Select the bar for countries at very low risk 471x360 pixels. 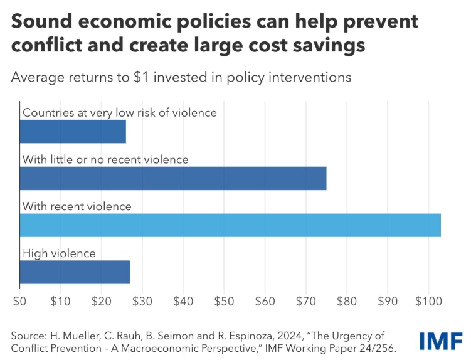point(73,131)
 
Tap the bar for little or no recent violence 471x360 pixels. point(173,178)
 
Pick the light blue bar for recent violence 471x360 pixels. point(230,225)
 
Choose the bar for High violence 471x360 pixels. point(75,272)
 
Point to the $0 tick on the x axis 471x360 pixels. point(19,301)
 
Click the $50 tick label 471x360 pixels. point(224,301)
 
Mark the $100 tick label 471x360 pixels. point(428,301)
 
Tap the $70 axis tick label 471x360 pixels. point(306,301)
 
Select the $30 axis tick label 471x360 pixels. point(142,301)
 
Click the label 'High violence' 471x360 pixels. point(59,253)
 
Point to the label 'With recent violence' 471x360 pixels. point(77,206)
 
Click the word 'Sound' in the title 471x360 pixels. point(41,23)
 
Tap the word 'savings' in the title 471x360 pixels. point(331,46)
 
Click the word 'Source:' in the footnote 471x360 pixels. point(28,335)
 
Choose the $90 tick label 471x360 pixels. point(388,301)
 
